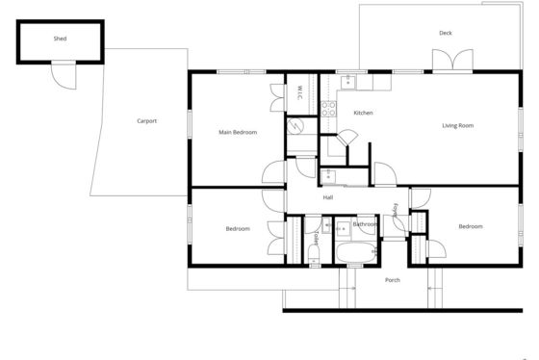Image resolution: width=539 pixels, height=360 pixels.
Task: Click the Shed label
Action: [x=60, y=39]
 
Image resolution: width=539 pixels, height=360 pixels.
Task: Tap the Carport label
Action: [x=146, y=121]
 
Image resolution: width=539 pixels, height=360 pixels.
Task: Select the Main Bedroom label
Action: [x=238, y=132]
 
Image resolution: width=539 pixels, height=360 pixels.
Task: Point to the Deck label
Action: [x=446, y=33]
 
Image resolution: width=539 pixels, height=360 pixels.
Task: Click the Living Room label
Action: [x=457, y=125]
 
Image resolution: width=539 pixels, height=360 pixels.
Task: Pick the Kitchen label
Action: [x=364, y=113]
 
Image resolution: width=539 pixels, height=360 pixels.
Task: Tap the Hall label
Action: [x=328, y=197]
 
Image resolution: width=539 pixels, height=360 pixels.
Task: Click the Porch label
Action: [x=393, y=280]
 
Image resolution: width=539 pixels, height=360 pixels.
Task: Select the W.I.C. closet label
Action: [x=299, y=92]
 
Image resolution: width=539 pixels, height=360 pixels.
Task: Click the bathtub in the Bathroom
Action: [x=356, y=252]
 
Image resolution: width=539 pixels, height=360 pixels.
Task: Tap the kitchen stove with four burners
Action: [x=328, y=109]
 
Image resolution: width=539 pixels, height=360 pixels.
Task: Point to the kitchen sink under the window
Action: [x=347, y=83]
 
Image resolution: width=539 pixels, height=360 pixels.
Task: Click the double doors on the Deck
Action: [x=452, y=61]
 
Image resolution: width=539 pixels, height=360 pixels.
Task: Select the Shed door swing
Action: [x=64, y=76]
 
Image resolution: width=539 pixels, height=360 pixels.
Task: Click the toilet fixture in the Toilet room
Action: [x=314, y=253]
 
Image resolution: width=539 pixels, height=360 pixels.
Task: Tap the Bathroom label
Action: [x=365, y=224]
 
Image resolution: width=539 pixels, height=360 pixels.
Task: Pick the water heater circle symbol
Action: [x=294, y=126]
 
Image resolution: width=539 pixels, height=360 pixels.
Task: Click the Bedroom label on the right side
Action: [x=471, y=226]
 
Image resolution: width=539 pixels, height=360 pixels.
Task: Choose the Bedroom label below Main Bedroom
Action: [x=238, y=229]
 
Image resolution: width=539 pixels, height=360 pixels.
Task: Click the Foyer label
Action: [x=396, y=210]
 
